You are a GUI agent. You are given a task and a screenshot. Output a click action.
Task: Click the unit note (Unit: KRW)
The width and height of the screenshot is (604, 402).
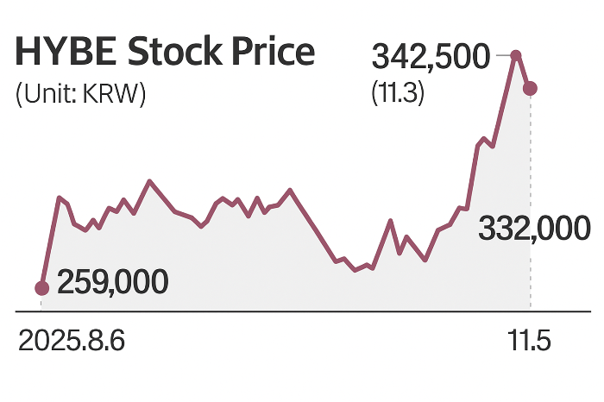(80, 94)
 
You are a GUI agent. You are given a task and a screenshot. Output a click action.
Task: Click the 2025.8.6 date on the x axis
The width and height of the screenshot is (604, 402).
(72, 342)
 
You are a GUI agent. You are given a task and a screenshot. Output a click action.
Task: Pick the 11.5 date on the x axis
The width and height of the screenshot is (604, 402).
(528, 342)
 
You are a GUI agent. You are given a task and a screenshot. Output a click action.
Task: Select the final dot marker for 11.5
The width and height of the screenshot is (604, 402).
(531, 87)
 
